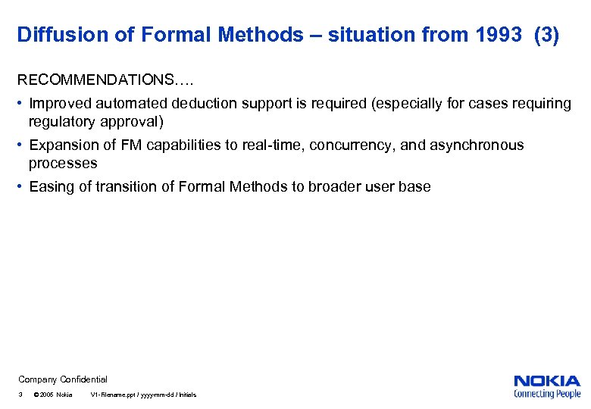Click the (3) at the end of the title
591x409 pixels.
click(x=546, y=35)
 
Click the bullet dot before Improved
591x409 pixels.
click(x=22, y=104)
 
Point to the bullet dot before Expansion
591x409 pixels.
click(x=22, y=145)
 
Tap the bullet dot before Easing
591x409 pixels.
click(x=22, y=187)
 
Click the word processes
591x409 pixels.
click(x=63, y=164)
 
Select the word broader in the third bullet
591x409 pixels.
click(x=334, y=187)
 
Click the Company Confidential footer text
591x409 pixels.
click(x=63, y=379)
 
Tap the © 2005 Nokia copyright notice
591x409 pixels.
click(x=53, y=395)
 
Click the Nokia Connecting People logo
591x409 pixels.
click(x=547, y=386)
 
